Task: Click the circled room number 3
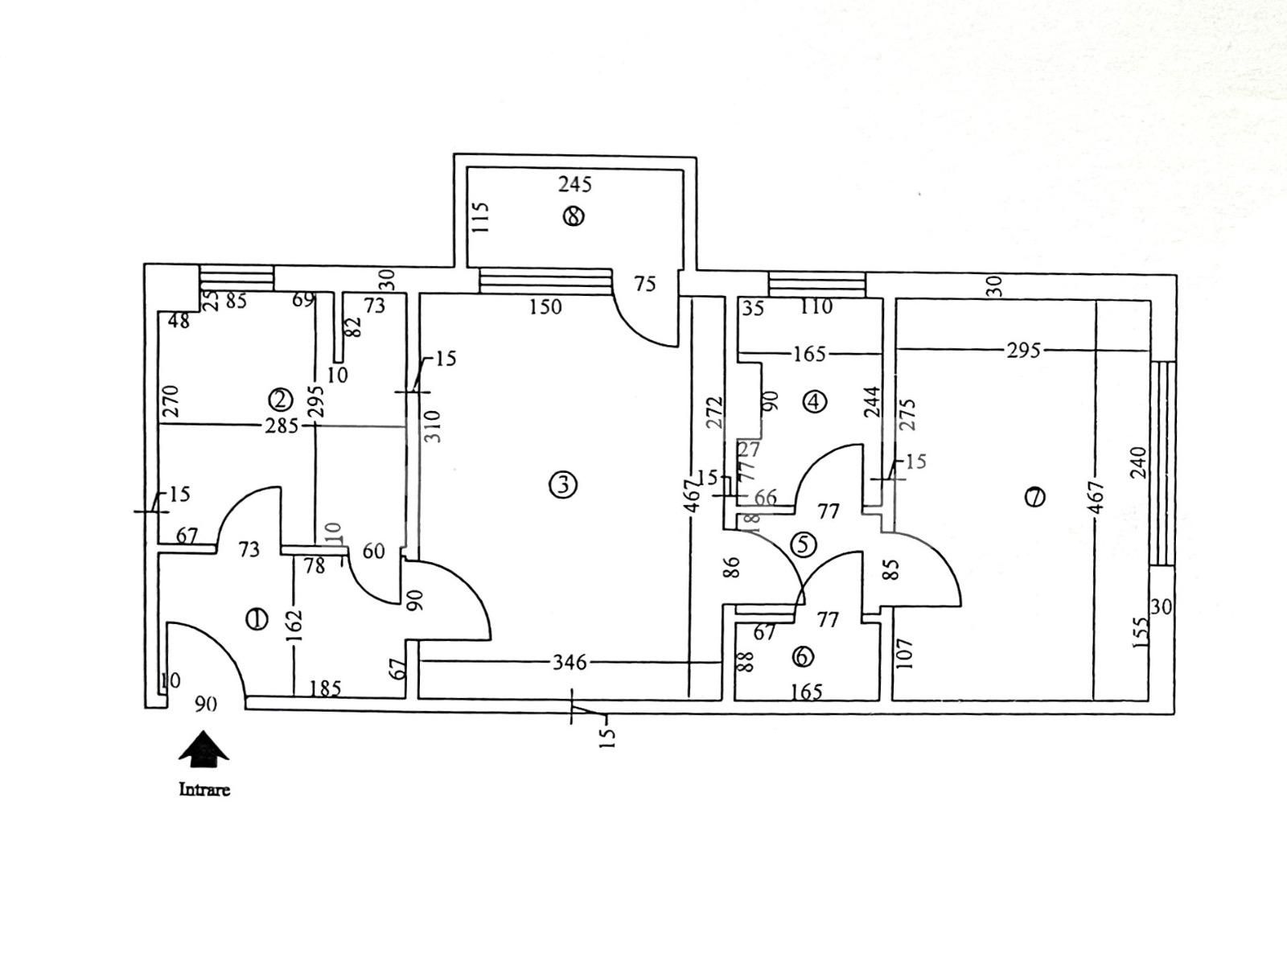561,485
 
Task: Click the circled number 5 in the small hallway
803,544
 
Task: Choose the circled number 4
815,400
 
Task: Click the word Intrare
204,790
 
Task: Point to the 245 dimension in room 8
575,185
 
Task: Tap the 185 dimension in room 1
325,688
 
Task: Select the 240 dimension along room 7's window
1137,462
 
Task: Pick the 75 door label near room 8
645,284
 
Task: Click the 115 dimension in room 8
481,217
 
